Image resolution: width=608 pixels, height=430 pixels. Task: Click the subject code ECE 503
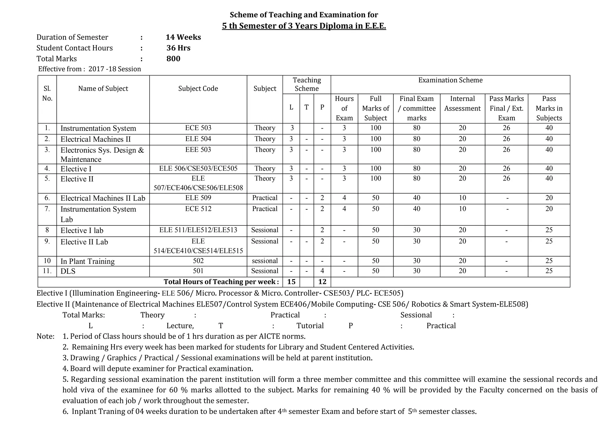coord(198,128)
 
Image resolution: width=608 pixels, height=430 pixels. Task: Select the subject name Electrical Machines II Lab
coord(103,198)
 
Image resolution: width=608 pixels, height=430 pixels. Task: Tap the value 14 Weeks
coord(183,37)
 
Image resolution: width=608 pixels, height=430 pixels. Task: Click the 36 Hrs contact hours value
coord(178,48)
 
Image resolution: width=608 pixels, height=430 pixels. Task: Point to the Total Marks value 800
coord(173,59)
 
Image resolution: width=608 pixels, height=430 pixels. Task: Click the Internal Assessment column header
coord(462,103)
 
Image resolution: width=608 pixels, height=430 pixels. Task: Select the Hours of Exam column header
coord(344,108)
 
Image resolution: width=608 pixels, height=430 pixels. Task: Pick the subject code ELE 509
coord(198,198)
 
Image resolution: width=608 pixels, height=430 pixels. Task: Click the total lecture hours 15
coord(291,282)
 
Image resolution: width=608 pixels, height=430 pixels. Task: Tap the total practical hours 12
coord(322,282)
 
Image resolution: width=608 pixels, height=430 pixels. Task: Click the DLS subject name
coord(68,271)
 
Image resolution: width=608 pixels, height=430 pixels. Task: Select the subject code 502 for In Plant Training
coord(198,261)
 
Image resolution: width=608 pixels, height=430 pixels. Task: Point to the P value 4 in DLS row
coord(322,271)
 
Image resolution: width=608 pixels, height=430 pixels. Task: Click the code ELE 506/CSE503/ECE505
coord(198,169)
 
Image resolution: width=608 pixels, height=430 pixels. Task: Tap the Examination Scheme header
coord(450,80)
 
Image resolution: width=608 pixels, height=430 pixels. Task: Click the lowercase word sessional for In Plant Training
coord(265,261)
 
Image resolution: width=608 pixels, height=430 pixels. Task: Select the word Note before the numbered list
coord(45,336)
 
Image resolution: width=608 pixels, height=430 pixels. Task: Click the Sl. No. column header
coord(47,93)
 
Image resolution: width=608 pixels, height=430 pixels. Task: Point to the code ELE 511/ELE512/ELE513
coord(198,230)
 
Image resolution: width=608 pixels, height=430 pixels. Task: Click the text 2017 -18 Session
coord(115,69)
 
